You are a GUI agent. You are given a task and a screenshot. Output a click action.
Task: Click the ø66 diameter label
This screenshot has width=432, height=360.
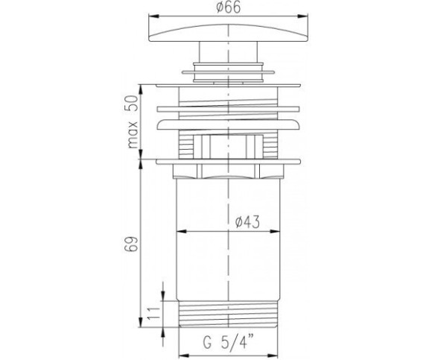(x=229, y=7)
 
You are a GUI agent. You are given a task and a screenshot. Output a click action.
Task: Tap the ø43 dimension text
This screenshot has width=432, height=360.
(x=247, y=222)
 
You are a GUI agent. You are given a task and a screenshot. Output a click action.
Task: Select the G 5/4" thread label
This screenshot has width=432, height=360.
(x=229, y=341)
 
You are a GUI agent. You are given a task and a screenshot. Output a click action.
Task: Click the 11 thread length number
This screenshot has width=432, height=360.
(x=153, y=312)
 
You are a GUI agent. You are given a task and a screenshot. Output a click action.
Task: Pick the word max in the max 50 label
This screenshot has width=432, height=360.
(x=133, y=135)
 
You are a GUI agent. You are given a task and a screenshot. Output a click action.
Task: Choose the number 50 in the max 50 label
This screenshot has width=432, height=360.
(x=133, y=103)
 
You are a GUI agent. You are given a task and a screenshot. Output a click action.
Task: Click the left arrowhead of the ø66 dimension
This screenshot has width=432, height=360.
(x=153, y=16)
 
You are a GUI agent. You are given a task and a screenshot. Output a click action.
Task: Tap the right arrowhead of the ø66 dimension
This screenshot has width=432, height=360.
(x=302, y=16)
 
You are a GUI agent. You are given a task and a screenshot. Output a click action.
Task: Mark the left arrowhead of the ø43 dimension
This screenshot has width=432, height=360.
(x=182, y=231)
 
